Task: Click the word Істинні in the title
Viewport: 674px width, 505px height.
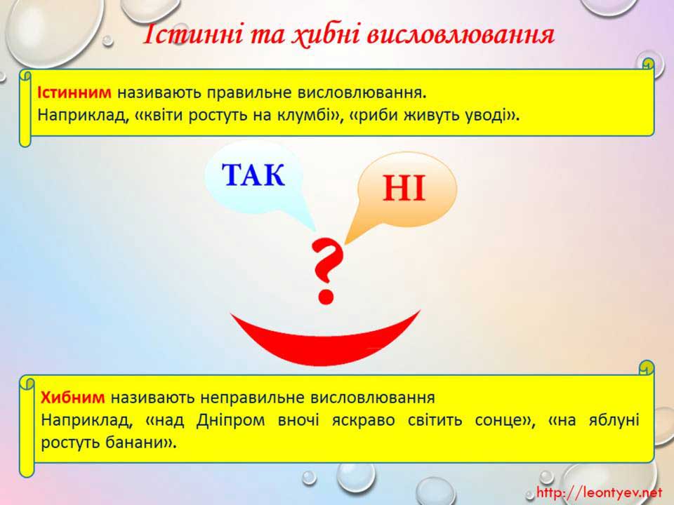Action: pos(192,35)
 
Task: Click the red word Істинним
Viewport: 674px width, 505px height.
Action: pos(74,93)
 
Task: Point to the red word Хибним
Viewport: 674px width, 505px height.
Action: pos(72,398)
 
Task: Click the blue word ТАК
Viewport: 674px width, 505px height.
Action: pos(253,175)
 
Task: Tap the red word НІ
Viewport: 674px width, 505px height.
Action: pos(404,188)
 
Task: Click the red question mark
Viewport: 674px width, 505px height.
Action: pos(327,271)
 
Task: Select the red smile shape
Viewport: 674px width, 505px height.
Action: pos(325,339)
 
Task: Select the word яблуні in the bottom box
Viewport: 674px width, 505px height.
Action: pos(614,420)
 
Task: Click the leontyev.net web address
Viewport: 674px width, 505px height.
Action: pos(599,492)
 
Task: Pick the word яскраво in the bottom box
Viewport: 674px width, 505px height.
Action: pos(363,420)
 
